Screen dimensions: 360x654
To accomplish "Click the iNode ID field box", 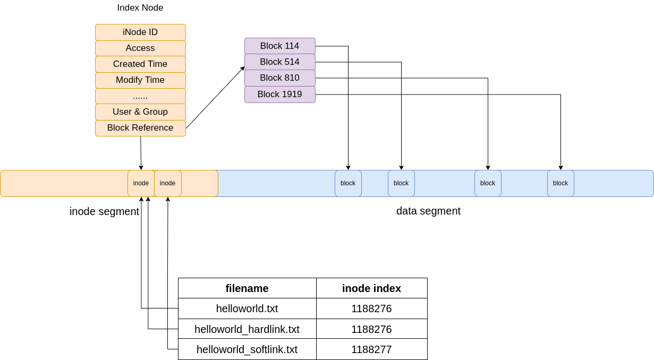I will [x=140, y=32].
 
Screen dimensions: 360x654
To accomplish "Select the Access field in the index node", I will [x=140, y=48].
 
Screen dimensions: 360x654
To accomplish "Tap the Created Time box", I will [x=140, y=64].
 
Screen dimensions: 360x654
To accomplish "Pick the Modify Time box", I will [x=140, y=80].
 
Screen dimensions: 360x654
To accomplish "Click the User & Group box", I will [x=140, y=112].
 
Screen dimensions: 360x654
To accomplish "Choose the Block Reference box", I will [x=140, y=128].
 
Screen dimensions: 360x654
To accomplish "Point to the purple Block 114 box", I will [x=279, y=46].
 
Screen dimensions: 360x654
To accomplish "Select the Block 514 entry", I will [x=279, y=62].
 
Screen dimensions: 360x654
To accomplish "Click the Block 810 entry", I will [x=279, y=78].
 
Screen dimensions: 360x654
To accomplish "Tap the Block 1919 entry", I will [x=279, y=95].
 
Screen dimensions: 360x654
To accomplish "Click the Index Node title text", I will [x=140, y=8].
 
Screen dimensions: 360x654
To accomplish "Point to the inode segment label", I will [x=104, y=211].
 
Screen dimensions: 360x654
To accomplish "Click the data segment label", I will [x=428, y=211].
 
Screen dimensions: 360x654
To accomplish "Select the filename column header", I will [x=247, y=288].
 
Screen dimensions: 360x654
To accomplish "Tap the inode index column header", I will [x=371, y=288].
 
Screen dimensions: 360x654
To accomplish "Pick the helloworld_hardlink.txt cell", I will [x=247, y=329].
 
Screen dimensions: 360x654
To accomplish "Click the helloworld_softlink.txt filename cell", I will [x=247, y=349].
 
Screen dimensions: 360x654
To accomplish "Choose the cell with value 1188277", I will [x=371, y=349].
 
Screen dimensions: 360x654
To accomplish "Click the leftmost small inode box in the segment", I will [x=141, y=183].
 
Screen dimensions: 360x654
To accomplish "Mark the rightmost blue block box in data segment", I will [x=560, y=183].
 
